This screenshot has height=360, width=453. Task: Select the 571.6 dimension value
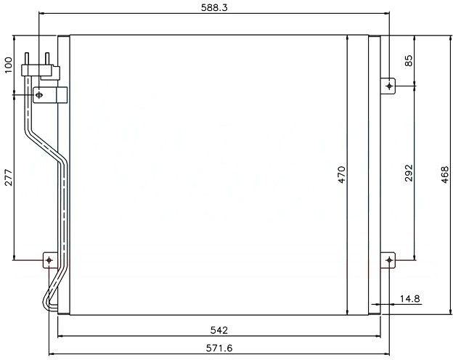coord(219,348)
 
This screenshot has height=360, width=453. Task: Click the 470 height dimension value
coord(342,174)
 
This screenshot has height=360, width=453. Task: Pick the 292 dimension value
coord(409,174)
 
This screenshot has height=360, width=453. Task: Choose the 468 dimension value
coord(445,175)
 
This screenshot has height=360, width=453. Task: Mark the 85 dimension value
coord(409,61)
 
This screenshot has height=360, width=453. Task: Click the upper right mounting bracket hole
coord(390,86)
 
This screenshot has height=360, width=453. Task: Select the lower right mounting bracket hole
coord(390,259)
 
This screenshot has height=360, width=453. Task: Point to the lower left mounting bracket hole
coord(49,259)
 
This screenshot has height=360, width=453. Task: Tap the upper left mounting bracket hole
coord(39,94)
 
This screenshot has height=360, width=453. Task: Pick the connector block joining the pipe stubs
coord(40,70)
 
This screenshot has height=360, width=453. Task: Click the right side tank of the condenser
coord(375,174)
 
